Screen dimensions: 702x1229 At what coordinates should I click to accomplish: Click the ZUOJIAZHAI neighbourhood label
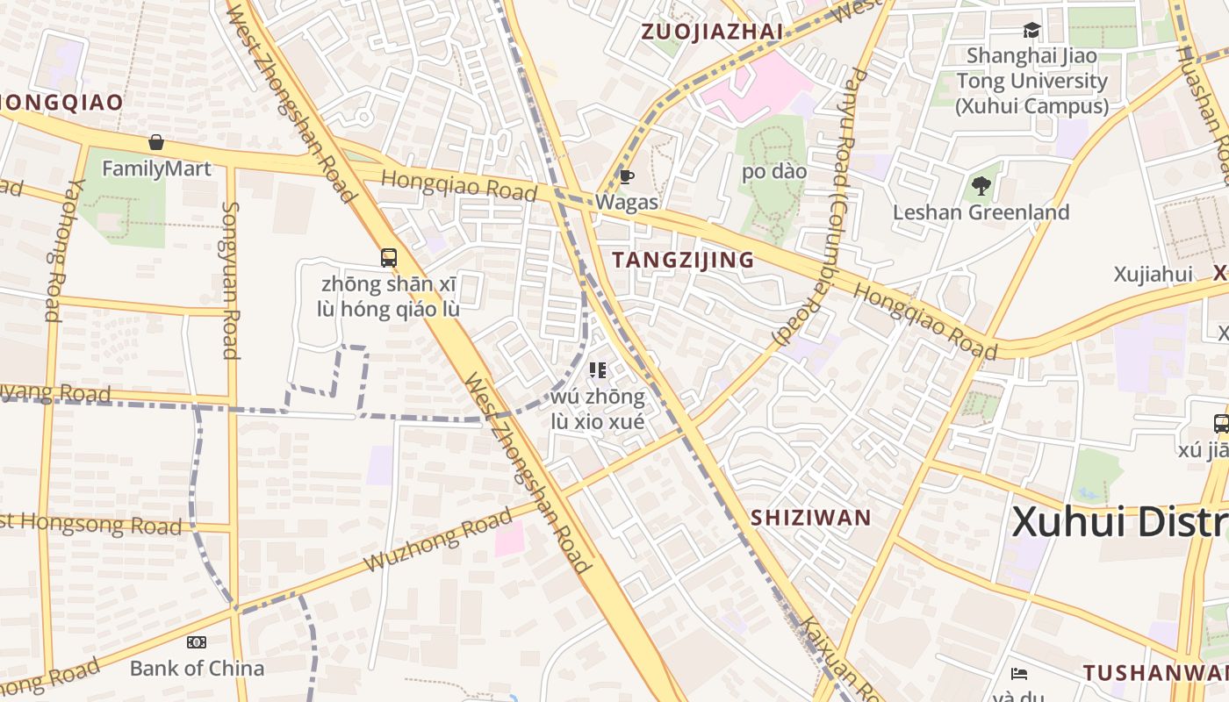712,32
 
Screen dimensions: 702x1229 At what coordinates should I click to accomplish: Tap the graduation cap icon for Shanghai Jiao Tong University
1031,31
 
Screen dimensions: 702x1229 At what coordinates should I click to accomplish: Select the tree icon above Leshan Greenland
981,186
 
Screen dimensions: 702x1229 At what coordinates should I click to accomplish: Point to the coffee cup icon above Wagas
626,176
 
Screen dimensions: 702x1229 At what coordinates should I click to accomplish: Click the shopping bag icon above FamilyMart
156,142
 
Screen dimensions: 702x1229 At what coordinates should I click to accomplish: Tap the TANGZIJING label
683,260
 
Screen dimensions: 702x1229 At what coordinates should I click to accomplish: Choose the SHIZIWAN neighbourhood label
810,518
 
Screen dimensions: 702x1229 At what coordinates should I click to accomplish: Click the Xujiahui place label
1153,275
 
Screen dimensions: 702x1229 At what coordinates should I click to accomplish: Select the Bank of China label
197,669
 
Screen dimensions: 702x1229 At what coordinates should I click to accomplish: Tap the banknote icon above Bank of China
197,642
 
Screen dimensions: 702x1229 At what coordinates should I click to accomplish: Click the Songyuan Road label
231,281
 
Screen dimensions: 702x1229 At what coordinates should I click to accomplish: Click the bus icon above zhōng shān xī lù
389,258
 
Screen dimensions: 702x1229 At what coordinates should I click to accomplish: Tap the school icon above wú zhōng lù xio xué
598,370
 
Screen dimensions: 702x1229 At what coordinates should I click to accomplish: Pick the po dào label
773,172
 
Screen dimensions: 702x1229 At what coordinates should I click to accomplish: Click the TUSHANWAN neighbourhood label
1154,673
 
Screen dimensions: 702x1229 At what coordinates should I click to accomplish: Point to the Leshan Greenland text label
981,212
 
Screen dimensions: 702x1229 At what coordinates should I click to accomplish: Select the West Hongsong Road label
91,523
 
